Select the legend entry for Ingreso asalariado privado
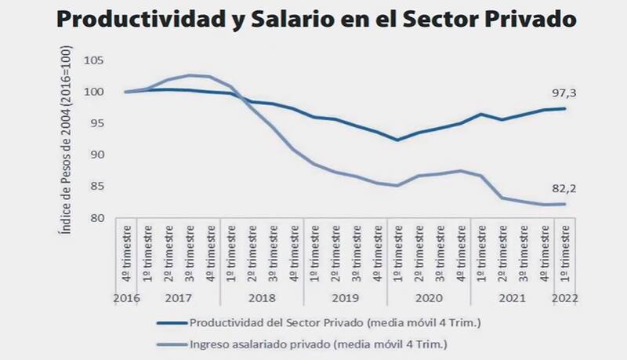pos(305,344)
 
